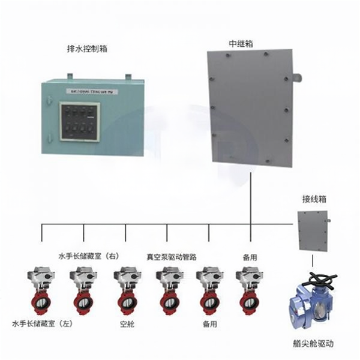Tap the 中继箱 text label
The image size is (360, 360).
tap(241, 44)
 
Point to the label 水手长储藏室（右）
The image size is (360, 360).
tap(89, 256)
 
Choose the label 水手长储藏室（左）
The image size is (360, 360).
tap(42, 324)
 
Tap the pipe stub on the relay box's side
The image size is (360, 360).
tap(296, 76)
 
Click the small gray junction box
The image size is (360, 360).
tap(313, 233)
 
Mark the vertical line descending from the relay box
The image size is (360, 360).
tap(250, 198)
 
